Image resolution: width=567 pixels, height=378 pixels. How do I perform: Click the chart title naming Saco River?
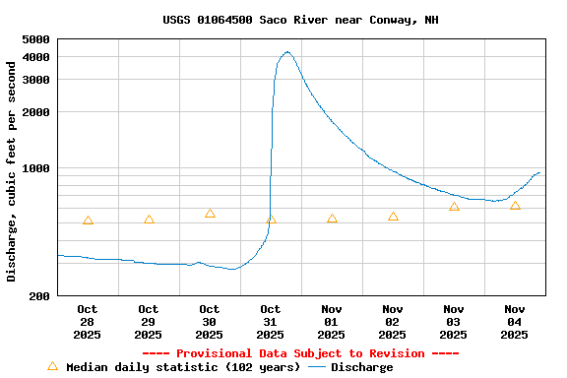coord(300,20)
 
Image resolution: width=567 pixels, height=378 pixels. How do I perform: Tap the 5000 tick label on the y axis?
coord(35,39)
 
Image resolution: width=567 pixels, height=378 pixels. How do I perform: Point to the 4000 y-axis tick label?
coord(35,57)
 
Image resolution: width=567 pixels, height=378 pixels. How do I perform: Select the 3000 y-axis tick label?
coord(35,80)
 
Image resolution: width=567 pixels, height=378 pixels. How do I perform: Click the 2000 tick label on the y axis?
coord(35,112)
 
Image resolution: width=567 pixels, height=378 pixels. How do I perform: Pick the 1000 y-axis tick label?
coord(35,168)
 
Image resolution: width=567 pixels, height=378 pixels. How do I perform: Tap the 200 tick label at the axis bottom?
coord(39,296)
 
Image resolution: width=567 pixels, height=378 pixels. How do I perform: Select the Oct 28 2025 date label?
coord(88,322)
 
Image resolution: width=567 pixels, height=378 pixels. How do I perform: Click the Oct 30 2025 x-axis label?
coord(210,322)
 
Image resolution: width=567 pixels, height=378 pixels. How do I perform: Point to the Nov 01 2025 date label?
coord(332,322)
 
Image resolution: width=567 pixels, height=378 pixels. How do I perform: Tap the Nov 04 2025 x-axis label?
coord(515,322)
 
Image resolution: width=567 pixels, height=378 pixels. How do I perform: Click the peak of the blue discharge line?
coord(286,52)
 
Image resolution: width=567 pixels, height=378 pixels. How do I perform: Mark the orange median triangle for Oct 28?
coord(88,220)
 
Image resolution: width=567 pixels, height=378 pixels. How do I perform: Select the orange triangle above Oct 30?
coord(210,214)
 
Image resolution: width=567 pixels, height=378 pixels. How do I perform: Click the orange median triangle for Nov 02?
coord(393,217)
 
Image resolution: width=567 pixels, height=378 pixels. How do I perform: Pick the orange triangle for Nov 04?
coord(515,206)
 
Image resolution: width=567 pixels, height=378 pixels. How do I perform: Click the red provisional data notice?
coord(300,353)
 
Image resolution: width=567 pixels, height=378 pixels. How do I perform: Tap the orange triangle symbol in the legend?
coord(52,366)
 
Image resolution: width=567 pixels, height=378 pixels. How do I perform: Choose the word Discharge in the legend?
coord(361,367)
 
